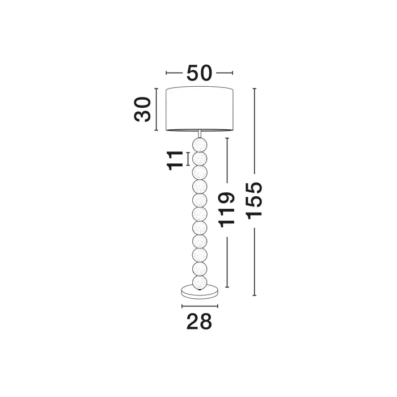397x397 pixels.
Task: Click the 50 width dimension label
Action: [x=199, y=73]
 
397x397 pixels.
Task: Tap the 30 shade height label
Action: [x=142, y=109]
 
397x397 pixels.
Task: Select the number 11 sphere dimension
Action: [x=175, y=161]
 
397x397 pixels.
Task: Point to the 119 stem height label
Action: [x=227, y=210]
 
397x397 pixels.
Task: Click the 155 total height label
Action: [x=254, y=201]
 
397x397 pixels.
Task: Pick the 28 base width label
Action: [x=199, y=322]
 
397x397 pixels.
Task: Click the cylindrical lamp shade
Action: [x=200, y=109]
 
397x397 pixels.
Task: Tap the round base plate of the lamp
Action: [x=200, y=292]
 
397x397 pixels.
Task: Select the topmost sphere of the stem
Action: [x=200, y=145]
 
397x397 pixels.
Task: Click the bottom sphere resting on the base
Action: [x=200, y=282]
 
